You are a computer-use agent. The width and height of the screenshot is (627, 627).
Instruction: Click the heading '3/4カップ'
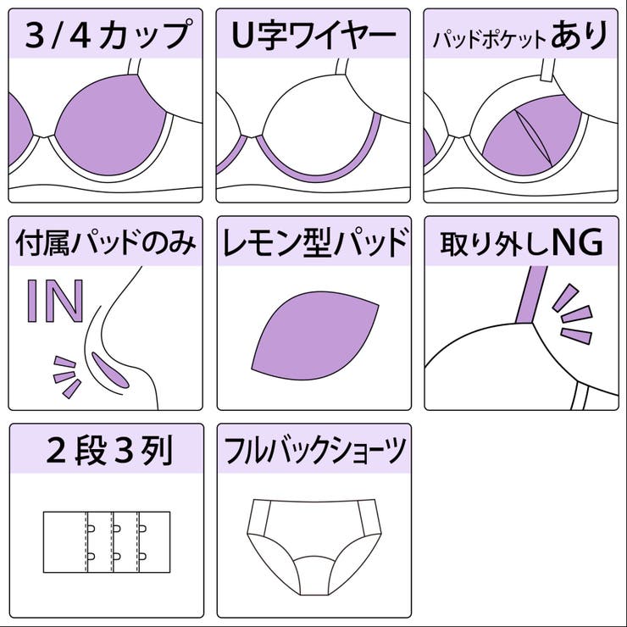point(106,35)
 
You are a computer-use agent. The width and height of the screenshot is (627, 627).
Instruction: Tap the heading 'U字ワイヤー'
point(313,35)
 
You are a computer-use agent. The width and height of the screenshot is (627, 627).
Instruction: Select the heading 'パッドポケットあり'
point(520,36)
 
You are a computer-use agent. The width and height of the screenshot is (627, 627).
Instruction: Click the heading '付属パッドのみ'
point(106,244)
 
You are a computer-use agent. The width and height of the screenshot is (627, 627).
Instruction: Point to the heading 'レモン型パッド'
point(313,244)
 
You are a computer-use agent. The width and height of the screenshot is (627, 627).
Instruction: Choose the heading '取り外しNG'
point(520,244)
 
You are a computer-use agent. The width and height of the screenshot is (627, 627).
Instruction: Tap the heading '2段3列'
point(106,452)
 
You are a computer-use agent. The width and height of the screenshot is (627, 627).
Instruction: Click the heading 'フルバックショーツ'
point(313,452)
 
